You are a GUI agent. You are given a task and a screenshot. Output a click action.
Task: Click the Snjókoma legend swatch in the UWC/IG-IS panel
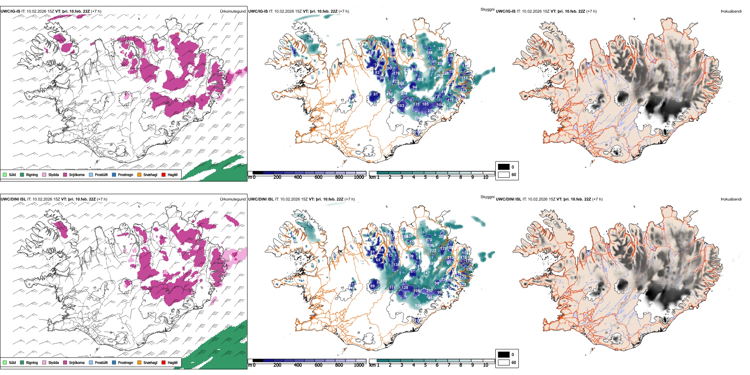(65, 174)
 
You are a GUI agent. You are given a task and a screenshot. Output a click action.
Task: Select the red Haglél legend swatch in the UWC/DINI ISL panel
(163, 362)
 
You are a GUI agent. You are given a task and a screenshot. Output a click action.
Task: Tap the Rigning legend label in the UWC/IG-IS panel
(32, 175)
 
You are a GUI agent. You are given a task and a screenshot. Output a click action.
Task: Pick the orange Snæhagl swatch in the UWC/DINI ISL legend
(139, 362)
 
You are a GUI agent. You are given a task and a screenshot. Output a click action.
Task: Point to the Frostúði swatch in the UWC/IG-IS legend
(91, 174)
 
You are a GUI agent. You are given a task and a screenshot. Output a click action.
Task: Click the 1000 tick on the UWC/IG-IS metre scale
(359, 177)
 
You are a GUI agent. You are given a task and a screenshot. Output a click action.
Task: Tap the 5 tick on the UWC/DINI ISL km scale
(425, 365)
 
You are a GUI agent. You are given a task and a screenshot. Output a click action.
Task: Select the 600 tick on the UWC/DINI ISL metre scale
(319, 365)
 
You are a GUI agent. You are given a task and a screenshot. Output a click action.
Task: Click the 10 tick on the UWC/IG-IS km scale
(486, 177)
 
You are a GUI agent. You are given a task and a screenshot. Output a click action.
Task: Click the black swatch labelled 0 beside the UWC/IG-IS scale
(504, 167)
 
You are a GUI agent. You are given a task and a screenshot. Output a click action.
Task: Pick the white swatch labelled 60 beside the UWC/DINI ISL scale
(504, 362)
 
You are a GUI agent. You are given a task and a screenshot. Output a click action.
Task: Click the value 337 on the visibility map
(441, 49)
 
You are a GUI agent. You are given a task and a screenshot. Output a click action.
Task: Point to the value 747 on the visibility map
(426, 273)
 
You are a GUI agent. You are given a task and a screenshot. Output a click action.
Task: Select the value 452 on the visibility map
(431, 298)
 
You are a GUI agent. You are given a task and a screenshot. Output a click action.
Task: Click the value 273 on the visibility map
(396, 81)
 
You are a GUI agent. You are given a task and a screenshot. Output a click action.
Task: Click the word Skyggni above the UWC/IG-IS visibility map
(487, 9)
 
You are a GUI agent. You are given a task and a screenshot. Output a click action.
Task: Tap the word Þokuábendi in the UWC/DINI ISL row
(731, 199)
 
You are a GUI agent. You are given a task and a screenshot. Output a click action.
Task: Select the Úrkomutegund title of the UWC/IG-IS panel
(232, 11)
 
